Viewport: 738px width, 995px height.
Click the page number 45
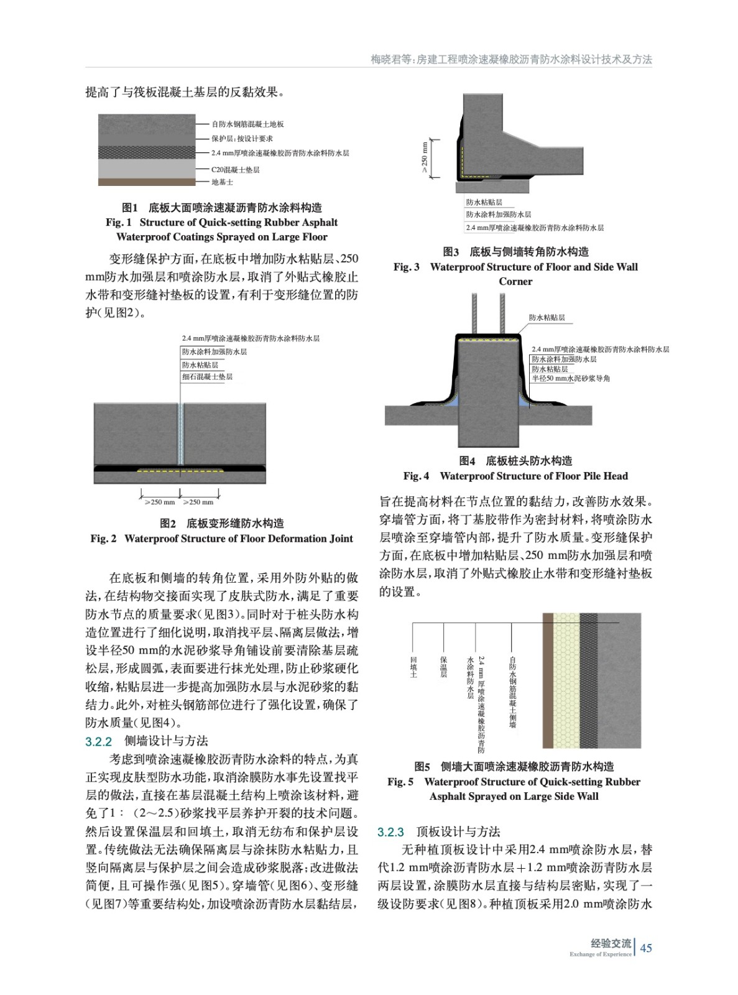646,948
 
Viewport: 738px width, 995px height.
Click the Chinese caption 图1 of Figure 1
129,208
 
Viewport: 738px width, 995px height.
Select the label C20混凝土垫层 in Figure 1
235,169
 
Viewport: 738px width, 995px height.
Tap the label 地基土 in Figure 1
222,182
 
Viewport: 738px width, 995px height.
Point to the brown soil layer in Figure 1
147,182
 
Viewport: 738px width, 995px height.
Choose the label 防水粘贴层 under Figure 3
484,203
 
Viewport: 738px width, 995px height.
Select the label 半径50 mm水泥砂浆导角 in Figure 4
571,378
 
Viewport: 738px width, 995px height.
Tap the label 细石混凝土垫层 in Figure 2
207,377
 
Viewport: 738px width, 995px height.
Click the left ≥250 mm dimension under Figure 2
160,502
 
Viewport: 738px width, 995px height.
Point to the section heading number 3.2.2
98,741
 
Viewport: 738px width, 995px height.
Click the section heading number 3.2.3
390,832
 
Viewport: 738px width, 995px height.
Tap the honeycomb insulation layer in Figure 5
566,681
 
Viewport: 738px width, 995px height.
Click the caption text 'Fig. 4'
416,476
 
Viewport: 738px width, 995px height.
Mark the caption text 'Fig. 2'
103,539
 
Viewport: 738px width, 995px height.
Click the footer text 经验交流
611,943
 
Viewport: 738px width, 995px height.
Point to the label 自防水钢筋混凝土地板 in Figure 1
247,124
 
